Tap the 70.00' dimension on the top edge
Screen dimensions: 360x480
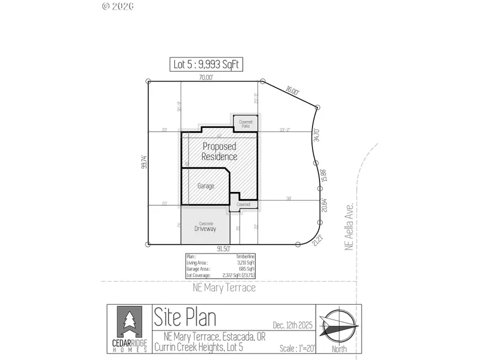(x=206, y=77)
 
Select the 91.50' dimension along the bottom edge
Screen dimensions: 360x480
(x=223, y=249)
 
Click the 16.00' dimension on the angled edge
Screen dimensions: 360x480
(x=292, y=91)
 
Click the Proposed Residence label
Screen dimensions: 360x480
(x=219, y=151)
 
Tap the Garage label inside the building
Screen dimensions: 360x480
(x=206, y=186)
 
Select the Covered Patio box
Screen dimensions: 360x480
(x=245, y=123)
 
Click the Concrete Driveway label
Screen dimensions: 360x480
(x=206, y=227)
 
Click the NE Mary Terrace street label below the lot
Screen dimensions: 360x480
(x=224, y=288)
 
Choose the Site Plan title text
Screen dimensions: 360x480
(x=185, y=317)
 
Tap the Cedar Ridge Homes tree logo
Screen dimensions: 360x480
(x=129, y=320)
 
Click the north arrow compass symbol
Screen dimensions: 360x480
(x=339, y=326)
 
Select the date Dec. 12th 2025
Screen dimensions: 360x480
(x=291, y=325)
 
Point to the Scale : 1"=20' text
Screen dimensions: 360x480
(x=297, y=348)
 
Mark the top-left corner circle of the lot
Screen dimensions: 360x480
(x=148, y=82)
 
